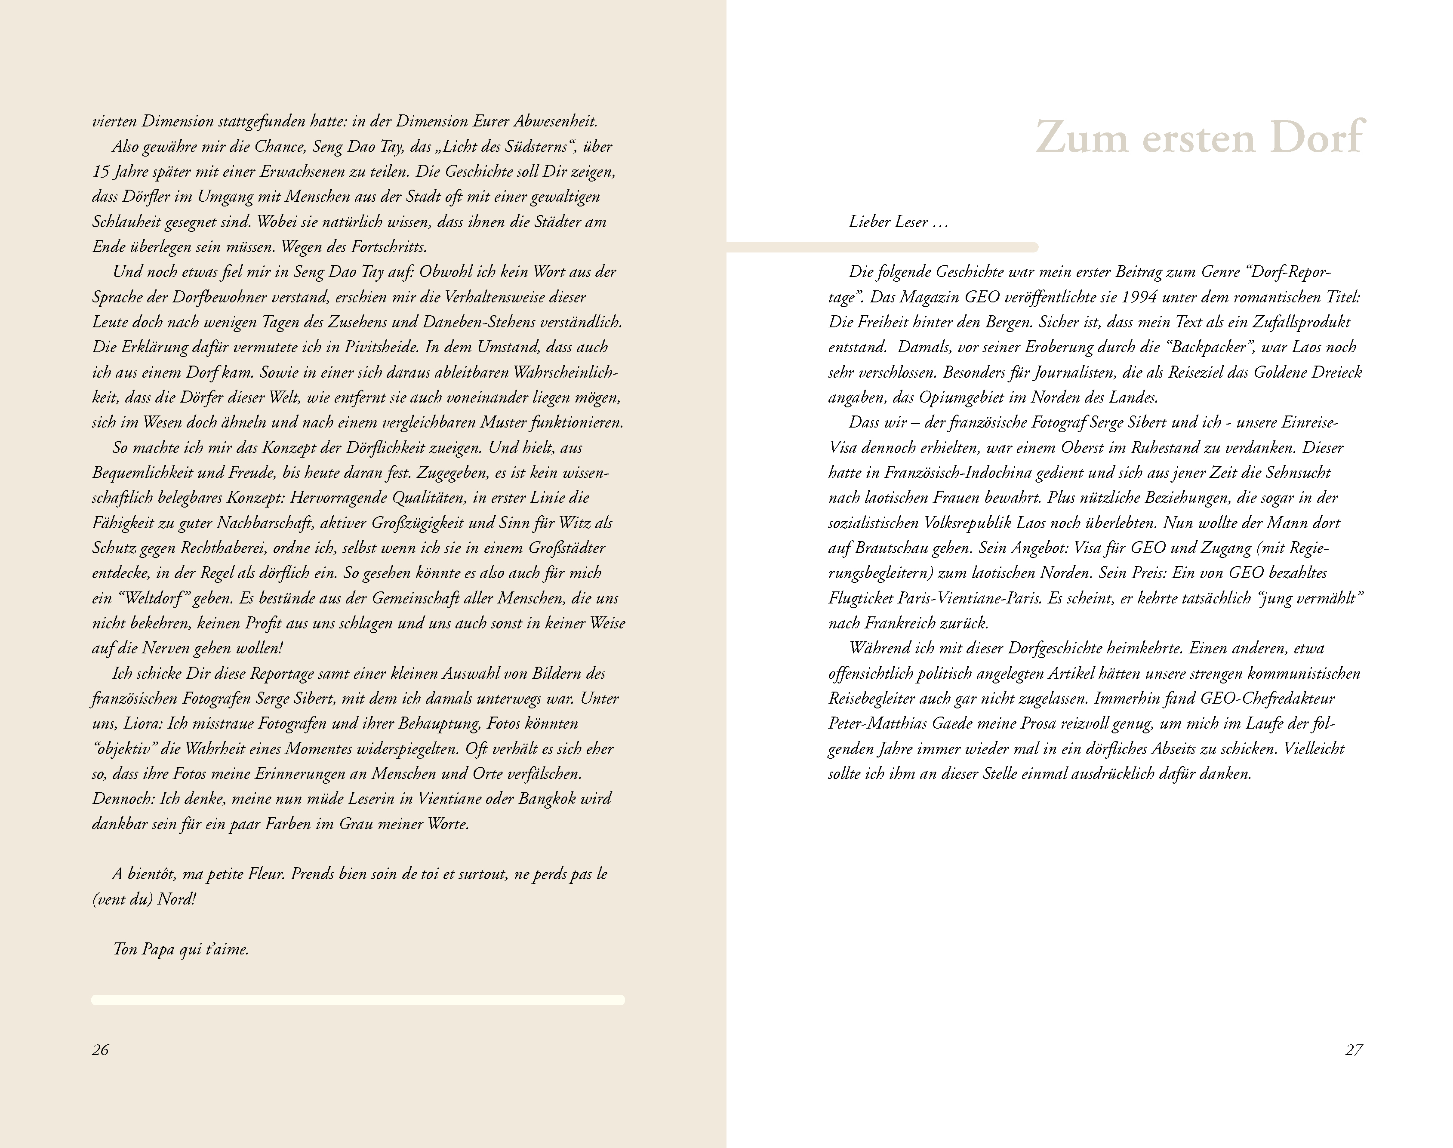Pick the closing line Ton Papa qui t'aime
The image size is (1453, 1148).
(182, 949)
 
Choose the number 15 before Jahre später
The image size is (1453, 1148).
(100, 172)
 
